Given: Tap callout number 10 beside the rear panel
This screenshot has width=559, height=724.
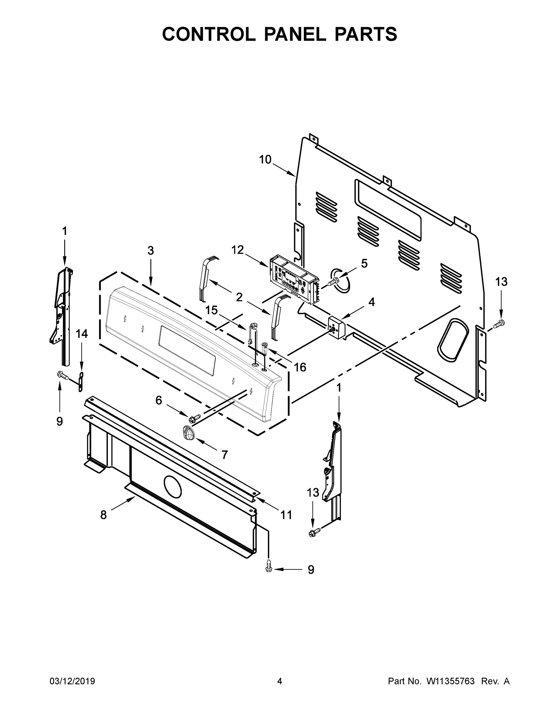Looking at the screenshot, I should pyautogui.click(x=265, y=160).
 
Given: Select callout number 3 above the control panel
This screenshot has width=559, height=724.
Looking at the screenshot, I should pyautogui.click(x=151, y=251).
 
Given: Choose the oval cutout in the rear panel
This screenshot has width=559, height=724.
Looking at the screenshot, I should pyautogui.click(x=453, y=340).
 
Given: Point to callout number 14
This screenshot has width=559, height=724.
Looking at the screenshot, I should pyautogui.click(x=82, y=334).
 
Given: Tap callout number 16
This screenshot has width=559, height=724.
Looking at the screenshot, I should pyautogui.click(x=300, y=367).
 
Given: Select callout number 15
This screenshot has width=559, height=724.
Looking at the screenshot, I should pyautogui.click(x=211, y=310).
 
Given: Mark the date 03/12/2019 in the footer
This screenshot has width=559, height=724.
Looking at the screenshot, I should pyautogui.click(x=72, y=681).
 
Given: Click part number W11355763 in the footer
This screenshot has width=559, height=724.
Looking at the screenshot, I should pyautogui.click(x=451, y=681).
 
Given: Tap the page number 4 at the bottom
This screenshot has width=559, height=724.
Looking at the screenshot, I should pyautogui.click(x=280, y=681).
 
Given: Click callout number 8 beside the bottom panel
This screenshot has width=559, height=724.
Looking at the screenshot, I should pyautogui.click(x=104, y=515).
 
